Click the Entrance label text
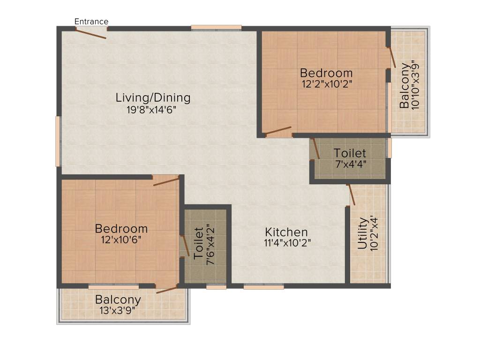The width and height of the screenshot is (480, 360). point(91,22)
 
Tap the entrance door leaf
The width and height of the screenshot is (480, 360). point(91,33)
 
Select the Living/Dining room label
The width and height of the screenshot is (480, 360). point(153,98)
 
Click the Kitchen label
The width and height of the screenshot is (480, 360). point(286,232)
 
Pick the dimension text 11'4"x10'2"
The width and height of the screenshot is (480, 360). point(287,243)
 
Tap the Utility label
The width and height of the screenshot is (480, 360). point(362,233)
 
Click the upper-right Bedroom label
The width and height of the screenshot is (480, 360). point(326,73)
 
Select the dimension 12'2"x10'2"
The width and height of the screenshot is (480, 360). point(326,84)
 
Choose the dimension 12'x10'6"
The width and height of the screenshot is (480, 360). point(121,239)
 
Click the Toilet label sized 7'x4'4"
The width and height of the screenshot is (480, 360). point(350,153)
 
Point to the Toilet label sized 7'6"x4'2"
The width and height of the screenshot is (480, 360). point(199,243)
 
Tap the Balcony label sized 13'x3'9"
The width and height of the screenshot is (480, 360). point(118,300)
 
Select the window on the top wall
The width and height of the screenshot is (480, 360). point(216,28)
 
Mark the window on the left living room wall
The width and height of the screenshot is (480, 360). point(58,141)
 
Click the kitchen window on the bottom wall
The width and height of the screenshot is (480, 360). point(263,286)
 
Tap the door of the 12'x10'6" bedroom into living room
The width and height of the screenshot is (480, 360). point(166,181)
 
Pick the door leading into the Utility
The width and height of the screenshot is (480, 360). point(351,195)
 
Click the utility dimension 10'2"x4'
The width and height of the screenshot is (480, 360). point(373,233)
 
